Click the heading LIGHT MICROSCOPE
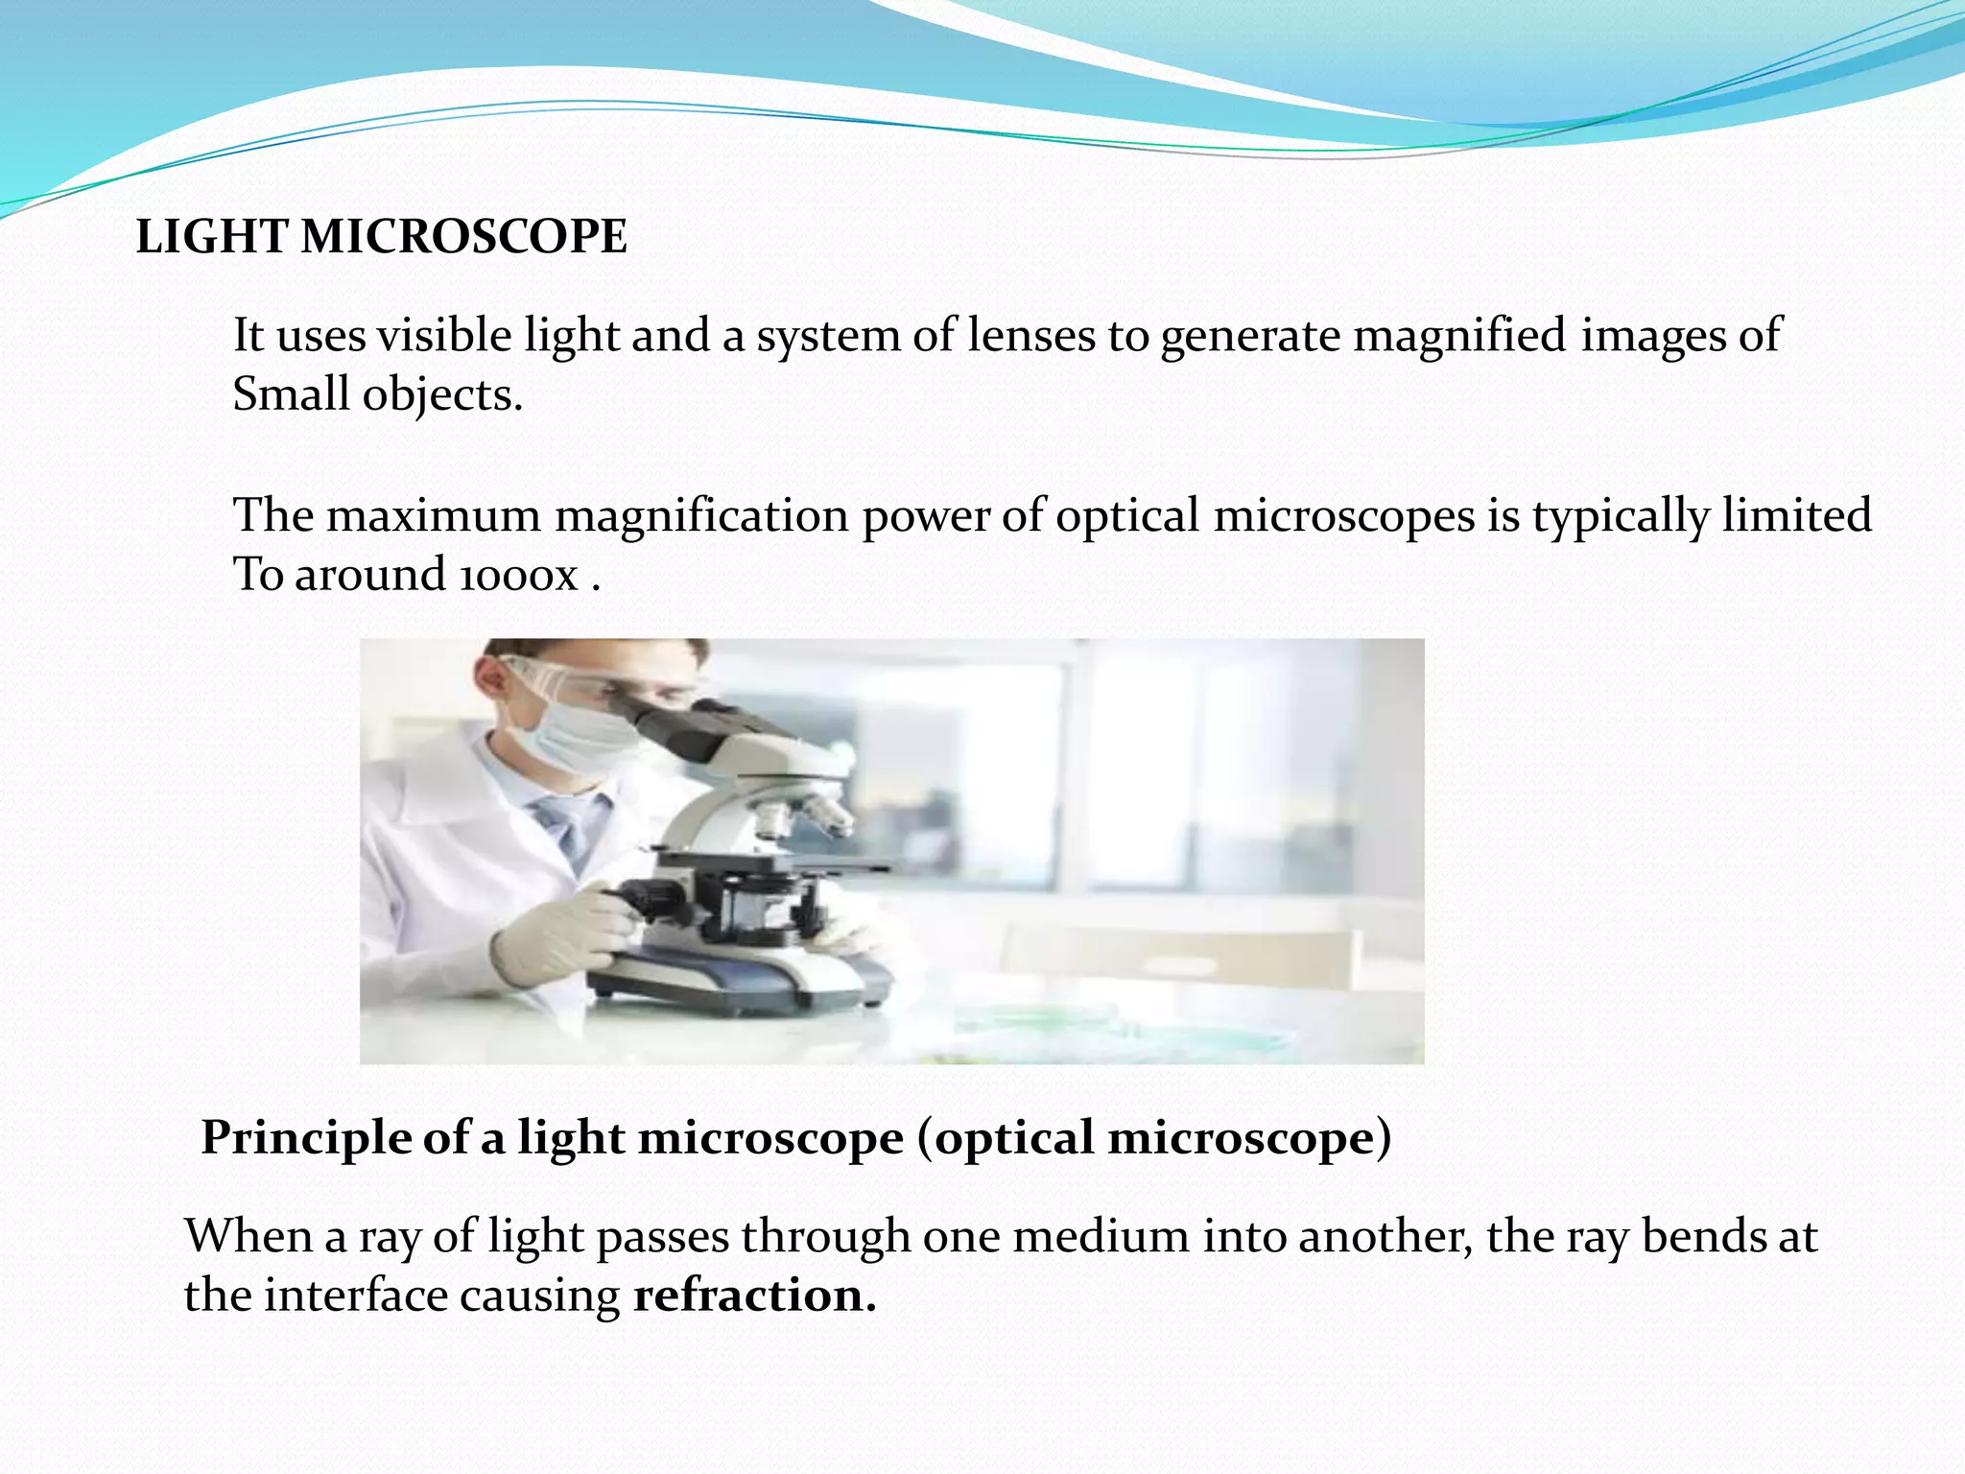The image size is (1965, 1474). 381,237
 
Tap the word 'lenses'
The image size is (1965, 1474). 1030,336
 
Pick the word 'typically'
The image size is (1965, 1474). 1620,515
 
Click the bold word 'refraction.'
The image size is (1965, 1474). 755,1296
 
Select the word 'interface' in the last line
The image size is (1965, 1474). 355,1296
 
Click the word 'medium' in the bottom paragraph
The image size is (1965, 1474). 1101,1236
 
